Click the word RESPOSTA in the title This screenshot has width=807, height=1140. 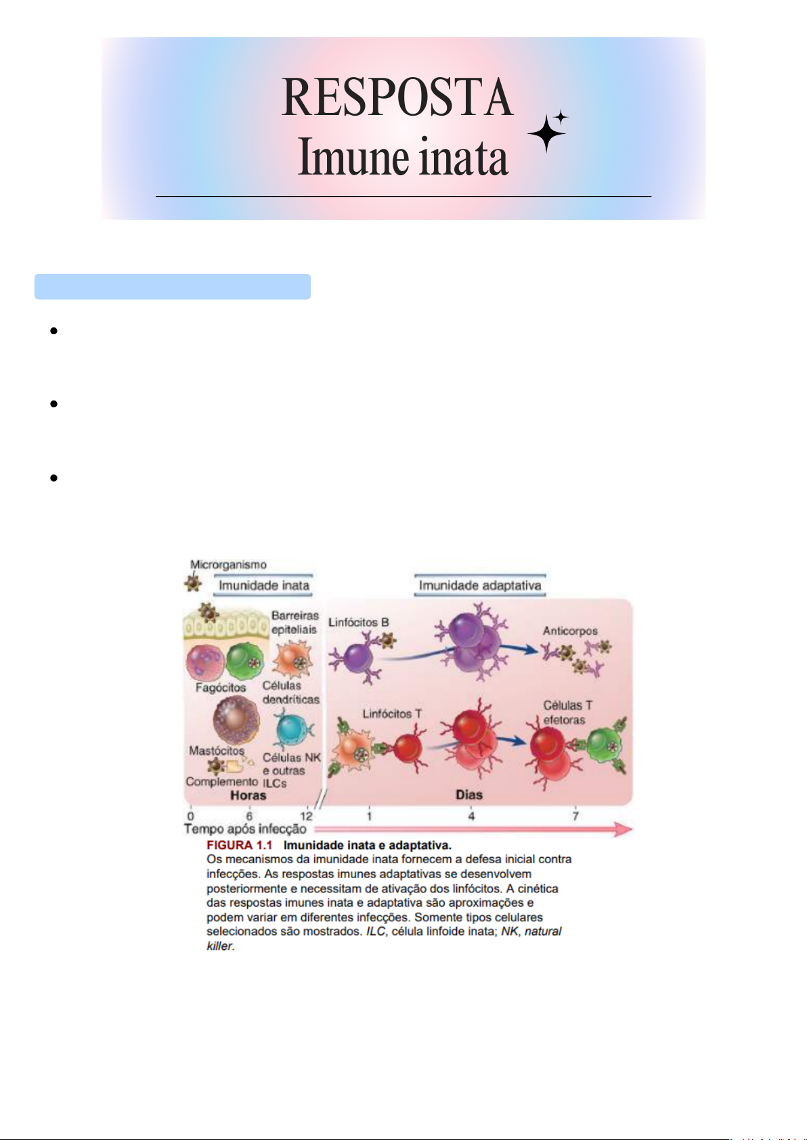coord(397,97)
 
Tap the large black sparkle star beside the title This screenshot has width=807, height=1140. coord(546,133)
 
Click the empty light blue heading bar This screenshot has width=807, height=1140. coord(173,287)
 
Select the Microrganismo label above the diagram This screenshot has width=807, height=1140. coord(228,564)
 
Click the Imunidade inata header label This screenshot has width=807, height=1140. coord(264,585)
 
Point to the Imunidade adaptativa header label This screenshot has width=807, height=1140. coord(479,585)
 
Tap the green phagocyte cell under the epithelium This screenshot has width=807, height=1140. coord(244,661)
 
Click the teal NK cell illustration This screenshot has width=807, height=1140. coord(291,729)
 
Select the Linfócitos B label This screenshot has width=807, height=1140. coord(358,622)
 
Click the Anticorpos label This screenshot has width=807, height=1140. coord(570,631)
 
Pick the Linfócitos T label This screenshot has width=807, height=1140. coord(392,714)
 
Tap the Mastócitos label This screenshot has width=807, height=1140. coord(217,750)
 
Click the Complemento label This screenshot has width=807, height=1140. coord(221,781)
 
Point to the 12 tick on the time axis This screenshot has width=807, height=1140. coord(306,816)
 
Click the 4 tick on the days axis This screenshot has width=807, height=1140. coord(471,816)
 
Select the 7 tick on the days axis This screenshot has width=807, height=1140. coord(575,816)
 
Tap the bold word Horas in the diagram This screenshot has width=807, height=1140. coord(248,795)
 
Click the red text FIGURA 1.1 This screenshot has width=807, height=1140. coord(239,845)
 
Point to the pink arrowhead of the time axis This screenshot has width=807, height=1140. coord(624,829)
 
